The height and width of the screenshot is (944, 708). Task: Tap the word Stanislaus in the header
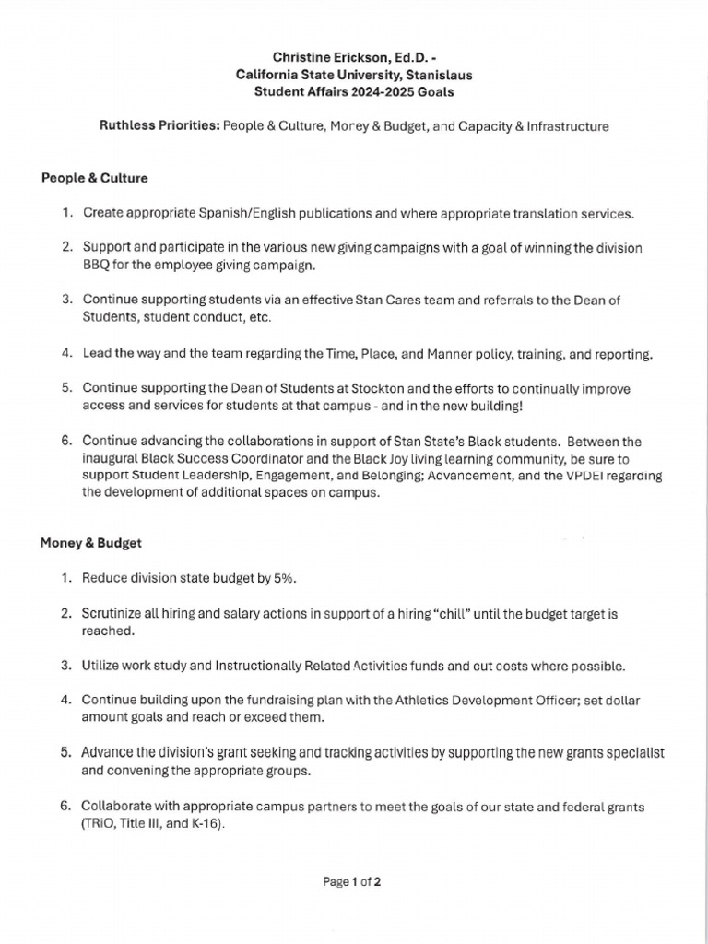point(441,75)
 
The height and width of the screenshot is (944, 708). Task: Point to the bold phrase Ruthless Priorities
point(158,126)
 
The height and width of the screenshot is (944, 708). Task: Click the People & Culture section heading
point(94,178)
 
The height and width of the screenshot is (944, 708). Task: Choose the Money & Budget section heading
point(90,543)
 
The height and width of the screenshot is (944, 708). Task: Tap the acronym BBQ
point(98,265)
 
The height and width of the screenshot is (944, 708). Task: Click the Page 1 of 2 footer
point(352,881)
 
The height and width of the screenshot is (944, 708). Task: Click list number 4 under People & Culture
point(66,353)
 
